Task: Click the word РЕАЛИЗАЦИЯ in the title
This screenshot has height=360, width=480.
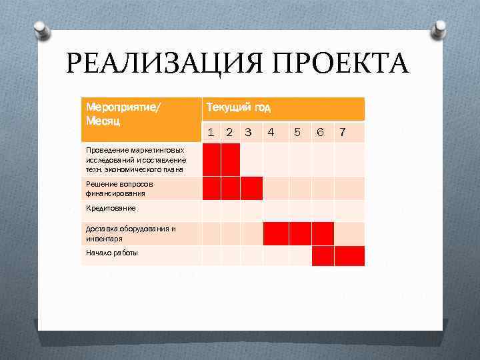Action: [160, 65]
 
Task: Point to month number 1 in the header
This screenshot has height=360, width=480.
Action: [211, 132]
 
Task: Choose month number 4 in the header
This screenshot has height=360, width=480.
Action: [271, 132]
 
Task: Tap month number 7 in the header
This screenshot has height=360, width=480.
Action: [343, 132]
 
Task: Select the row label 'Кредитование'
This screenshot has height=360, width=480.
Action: [111, 209]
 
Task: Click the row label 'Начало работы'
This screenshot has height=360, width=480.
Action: [112, 253]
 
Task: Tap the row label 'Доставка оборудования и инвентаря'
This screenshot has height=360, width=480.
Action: [131, 233]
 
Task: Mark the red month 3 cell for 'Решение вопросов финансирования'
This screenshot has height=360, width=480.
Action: [251, 189]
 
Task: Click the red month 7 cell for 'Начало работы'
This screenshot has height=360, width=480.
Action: [349, 256]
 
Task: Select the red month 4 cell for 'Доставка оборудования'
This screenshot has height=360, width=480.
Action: [275, 233]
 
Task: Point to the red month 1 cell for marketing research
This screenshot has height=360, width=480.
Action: [211, 159]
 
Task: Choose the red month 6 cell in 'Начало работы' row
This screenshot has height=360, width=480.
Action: [323, 256]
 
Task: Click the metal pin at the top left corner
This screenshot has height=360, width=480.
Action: [41, 30]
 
